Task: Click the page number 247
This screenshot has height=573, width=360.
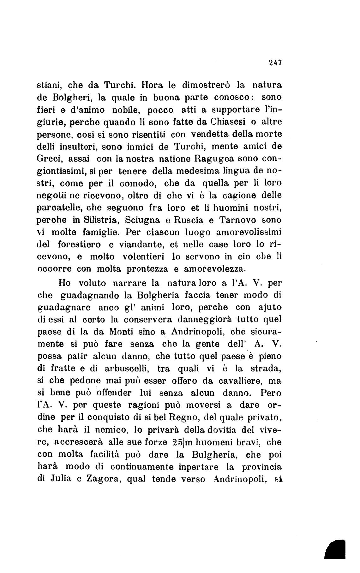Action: (x=274, y=62)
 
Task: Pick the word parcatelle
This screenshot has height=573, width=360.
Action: (x=60, y=208)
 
